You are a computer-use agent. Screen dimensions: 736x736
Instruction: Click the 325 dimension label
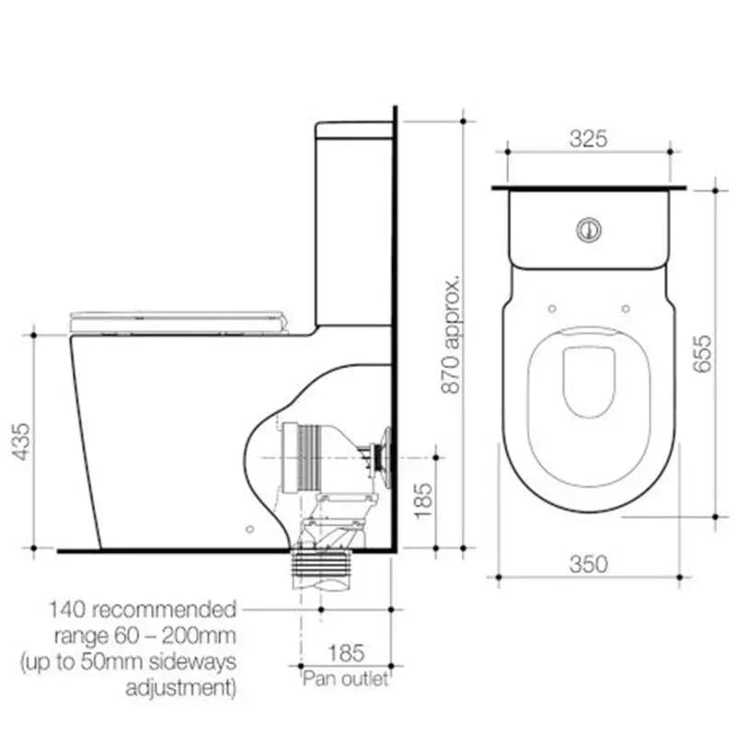588,139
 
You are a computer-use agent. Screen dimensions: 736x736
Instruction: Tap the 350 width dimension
589,563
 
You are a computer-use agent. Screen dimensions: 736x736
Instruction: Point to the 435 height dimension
16,442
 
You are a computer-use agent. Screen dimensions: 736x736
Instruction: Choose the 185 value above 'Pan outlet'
345,653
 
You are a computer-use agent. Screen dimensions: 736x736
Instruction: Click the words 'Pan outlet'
345,679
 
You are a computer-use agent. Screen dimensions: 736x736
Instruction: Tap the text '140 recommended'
143,609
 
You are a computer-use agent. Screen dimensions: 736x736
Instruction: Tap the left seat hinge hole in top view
550,308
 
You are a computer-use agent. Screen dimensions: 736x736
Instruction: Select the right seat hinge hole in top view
626,308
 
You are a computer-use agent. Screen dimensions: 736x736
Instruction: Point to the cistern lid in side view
354,130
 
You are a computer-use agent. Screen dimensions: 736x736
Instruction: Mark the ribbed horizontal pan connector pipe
304,456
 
